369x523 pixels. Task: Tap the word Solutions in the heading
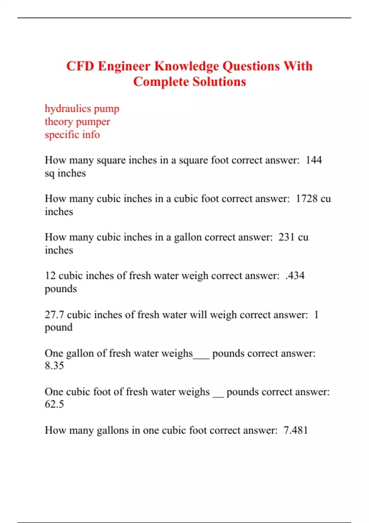tap(219, 82)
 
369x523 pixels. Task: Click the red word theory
tap(59, 122)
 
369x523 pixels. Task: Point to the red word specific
tap(62, 135)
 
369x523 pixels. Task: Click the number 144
tap(314, 160)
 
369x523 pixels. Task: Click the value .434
tap(295, 276)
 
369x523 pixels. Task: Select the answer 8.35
tap(54, 366)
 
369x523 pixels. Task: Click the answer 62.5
tap(54, 404)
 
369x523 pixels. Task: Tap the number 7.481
tap(296, 430)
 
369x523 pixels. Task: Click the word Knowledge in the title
tap(186, 66)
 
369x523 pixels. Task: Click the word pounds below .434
tap(61, 289)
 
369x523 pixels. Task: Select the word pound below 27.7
tap(58, 327)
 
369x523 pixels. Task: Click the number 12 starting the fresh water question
tap(50, 276)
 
